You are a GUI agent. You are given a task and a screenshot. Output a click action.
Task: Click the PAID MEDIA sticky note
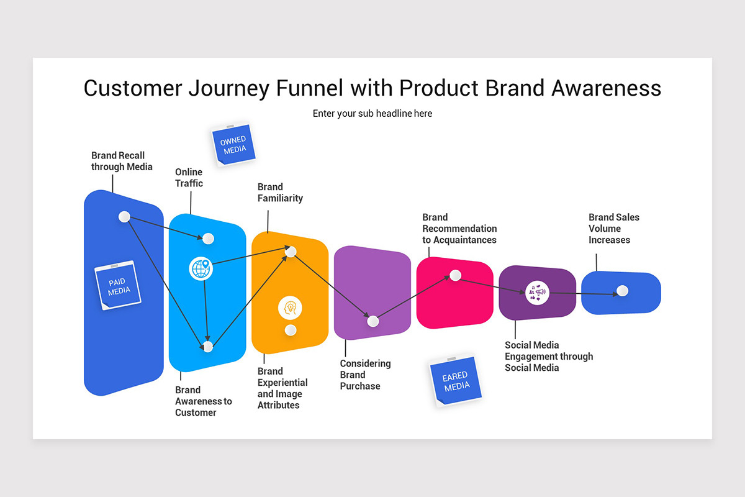point(118,285)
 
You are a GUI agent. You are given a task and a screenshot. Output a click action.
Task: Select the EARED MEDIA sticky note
point(456,381)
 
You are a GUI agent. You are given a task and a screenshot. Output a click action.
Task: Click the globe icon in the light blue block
point(200,269)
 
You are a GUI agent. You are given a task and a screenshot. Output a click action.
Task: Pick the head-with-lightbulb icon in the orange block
point(290,307)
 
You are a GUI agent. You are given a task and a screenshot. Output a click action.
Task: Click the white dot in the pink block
point(455,275)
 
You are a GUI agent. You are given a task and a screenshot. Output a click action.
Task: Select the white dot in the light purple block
point(372,321)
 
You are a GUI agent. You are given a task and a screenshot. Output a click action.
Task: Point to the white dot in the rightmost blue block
point(623,291)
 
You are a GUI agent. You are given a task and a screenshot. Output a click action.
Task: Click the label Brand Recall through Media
point(122,161)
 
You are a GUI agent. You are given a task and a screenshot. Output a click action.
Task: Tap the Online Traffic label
point(189,178)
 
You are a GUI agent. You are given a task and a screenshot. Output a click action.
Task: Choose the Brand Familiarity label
point(280,193)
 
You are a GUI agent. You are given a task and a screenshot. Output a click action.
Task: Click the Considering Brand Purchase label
point(365,375)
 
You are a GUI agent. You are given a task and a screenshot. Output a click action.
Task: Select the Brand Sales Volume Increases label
point(613,228)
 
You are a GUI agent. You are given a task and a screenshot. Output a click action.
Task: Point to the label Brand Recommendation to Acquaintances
point(459,228)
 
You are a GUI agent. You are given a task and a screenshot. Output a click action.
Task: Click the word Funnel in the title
point(309,88)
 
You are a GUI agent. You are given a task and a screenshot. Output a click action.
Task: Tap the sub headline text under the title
point(372,113)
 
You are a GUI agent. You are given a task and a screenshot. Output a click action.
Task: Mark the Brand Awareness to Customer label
point(203,401)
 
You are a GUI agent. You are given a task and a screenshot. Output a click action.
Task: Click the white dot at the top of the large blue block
point(124,216)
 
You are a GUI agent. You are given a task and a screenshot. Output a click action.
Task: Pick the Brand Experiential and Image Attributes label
point(282,388)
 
